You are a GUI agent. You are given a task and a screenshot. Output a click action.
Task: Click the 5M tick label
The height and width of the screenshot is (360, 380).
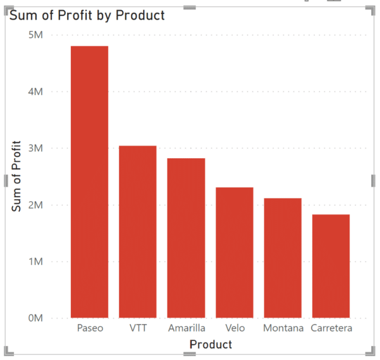point(35,35)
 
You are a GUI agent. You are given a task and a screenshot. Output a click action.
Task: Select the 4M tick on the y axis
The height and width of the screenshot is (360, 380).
point(35,92)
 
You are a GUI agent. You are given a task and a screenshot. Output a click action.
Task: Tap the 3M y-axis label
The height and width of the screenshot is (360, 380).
point(35,148)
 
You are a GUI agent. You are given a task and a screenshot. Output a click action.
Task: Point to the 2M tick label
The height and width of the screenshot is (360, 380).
point(35,205)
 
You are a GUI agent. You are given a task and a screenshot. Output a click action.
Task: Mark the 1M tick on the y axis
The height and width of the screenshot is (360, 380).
point(35,261)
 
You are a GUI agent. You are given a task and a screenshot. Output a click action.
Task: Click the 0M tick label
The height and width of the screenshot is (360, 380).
point(35,318)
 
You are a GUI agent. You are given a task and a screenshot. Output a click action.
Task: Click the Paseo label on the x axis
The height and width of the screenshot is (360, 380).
point(89,328)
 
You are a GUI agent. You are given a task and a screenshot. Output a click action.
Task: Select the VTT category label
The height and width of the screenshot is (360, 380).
point(137,328)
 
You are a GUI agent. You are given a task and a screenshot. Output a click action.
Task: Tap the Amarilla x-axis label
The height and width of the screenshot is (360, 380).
point(186,328)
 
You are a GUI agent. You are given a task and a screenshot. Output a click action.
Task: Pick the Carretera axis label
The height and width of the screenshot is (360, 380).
point(331,328)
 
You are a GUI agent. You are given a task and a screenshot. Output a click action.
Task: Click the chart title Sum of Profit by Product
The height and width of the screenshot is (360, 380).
point(87,15)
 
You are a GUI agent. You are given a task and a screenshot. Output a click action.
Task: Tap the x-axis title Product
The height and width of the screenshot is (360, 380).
point(211,345)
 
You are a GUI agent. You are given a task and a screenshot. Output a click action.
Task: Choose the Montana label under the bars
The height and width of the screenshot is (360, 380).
point(282,328)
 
